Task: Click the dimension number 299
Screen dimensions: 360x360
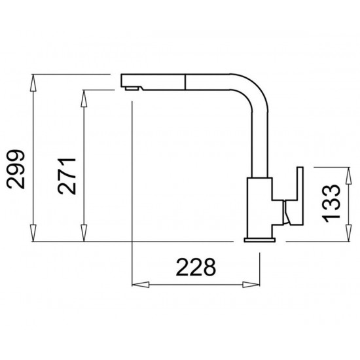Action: (x=16, y=170)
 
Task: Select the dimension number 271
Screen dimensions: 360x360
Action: (x=67, y=176)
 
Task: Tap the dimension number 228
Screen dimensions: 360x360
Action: (x=196, y=267)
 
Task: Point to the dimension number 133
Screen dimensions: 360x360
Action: (x=331, y=204)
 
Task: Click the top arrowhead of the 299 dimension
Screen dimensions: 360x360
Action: (x=33, y=83)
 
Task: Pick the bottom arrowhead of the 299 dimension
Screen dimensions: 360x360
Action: (x=33, y=233)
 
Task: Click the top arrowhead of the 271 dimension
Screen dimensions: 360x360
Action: (x=84, y=98)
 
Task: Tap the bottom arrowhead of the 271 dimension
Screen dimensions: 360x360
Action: (x=84, y=233)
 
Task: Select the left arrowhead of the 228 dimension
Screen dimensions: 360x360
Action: (x=141, y=285)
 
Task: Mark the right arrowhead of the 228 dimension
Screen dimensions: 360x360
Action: (x=251, y=285)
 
